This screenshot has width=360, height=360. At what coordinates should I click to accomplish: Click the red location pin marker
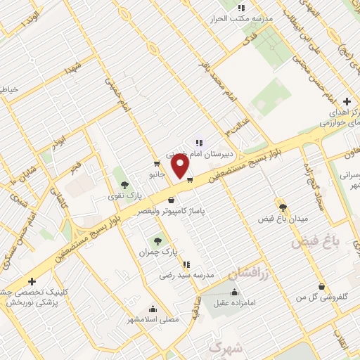(181, 167)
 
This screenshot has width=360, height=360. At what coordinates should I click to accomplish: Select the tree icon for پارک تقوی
(125, 184)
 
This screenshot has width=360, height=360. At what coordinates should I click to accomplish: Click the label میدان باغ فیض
(284, 219)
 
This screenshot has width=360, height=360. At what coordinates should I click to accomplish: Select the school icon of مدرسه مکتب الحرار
(240, 8)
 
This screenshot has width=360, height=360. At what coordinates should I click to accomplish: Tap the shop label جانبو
(156, 173)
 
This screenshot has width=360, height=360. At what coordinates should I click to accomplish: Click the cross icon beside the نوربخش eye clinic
(32, 281)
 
